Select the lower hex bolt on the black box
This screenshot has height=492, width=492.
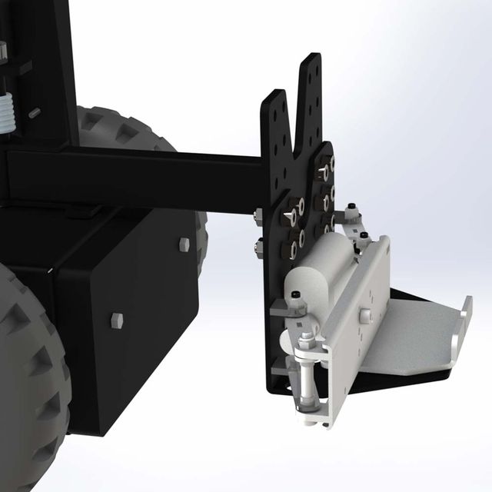click(x=116, y=321)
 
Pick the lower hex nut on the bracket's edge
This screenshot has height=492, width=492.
click(x=258, y=247)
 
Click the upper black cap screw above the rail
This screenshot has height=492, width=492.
click(x=351, y=208)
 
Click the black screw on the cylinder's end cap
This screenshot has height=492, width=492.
click(x=295, y=294)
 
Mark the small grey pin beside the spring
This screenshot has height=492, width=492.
click(x=34, y=113)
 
